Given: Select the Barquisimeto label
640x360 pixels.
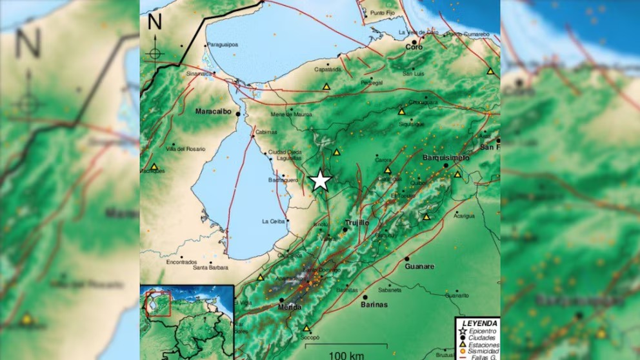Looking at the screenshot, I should click(x=446, y=157).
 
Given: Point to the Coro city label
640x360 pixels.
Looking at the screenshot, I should click(x=414, y=47).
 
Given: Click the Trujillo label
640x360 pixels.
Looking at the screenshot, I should click(x=357, y=222).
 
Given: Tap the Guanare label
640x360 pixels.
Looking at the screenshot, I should click(x=419, y=266).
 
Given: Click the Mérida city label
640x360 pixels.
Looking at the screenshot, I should click(x=290, y=307).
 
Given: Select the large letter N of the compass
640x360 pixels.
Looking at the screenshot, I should click(x=155, y=23).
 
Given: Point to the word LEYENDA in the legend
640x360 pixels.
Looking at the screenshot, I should click(x=480, y=323).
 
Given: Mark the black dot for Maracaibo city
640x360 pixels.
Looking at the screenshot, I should click(x=238, y=114).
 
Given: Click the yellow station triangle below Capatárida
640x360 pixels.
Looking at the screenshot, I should click(x=326, y=86).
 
